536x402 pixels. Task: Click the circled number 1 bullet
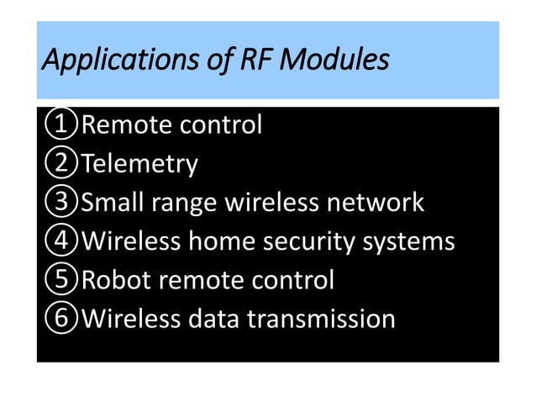point(60,125)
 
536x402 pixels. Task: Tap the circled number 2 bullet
point(60,164)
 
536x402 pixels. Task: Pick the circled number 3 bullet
point(60,203)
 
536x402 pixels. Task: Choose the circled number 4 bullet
point(60,241)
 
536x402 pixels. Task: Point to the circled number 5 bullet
point(60,280)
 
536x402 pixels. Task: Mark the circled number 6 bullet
point(60,319)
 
